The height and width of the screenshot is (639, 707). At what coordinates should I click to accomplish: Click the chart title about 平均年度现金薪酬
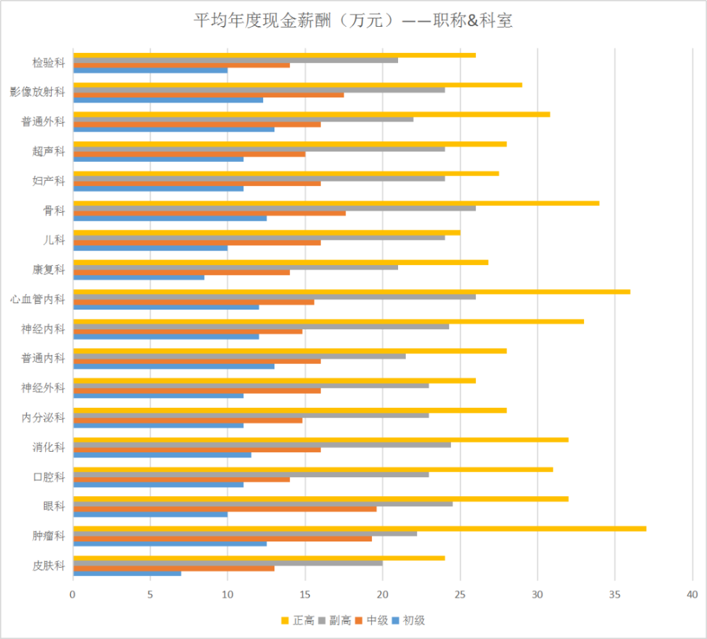353,21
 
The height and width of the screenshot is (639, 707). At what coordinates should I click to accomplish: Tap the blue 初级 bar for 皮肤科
127,573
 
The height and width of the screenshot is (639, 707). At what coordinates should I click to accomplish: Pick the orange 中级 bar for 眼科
225,509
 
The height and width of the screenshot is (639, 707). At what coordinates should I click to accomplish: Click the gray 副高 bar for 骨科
274,208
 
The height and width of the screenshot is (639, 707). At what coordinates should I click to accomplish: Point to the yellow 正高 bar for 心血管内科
351,291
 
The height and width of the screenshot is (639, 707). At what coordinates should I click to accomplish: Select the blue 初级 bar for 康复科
139,277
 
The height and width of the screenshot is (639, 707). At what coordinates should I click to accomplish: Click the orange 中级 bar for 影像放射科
209,95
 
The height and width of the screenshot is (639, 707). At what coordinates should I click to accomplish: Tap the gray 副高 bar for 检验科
235,60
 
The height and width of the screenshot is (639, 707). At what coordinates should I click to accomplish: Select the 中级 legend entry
375,621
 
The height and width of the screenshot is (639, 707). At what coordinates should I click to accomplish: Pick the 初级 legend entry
413,621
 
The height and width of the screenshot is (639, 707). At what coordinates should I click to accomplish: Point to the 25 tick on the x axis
460,595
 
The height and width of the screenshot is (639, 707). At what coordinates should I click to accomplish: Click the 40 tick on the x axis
692,595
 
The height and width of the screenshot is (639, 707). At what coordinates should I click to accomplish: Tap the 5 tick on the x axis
151,595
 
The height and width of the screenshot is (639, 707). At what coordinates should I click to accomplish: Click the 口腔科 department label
49,477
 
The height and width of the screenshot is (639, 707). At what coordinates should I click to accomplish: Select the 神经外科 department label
44,388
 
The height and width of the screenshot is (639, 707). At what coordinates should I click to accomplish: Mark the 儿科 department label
54,240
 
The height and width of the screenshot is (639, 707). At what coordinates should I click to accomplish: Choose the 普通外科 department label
44,122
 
